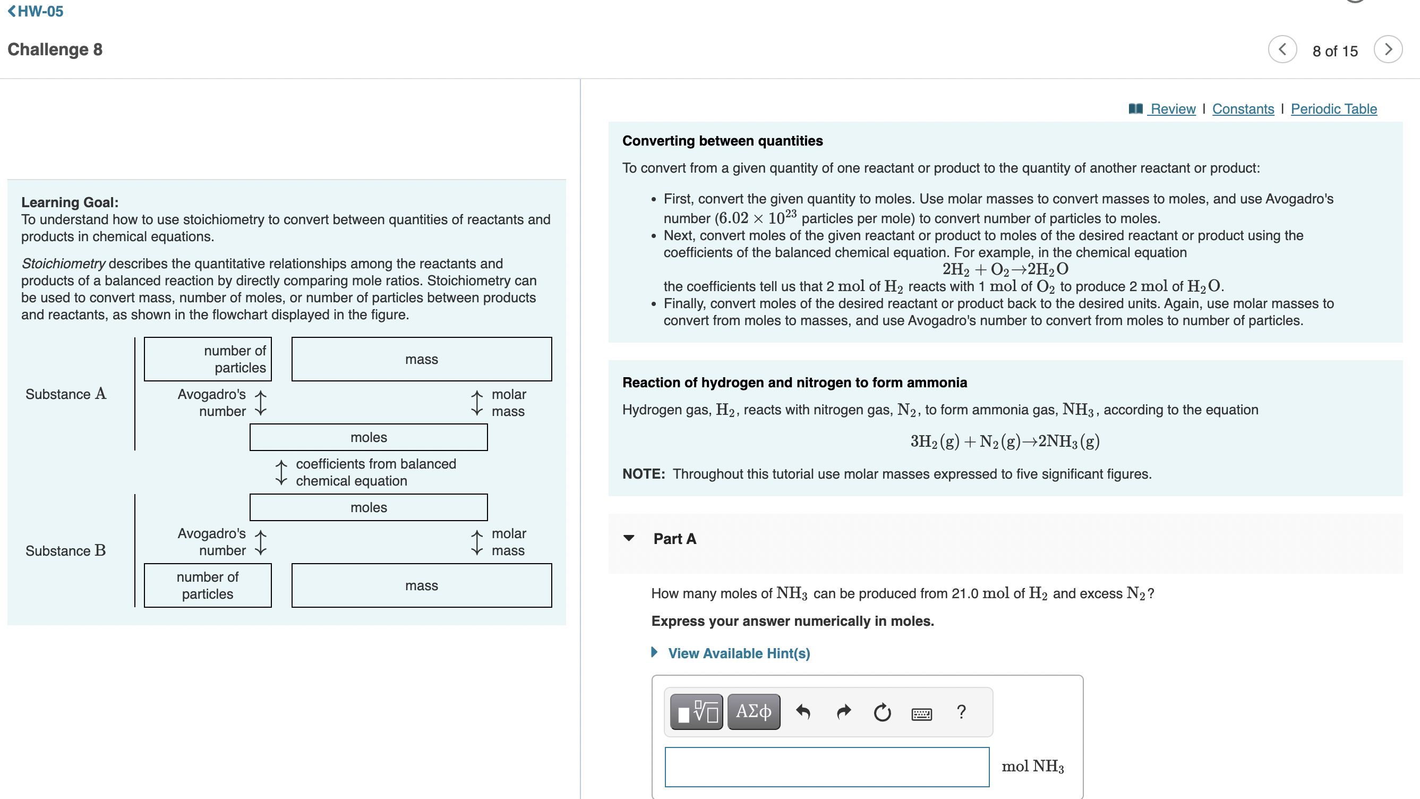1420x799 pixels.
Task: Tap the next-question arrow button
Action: [1388, 49]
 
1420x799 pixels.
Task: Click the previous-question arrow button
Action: [1282, 49]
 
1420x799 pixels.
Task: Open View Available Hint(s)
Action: [738, 653]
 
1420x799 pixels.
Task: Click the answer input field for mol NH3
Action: [826, 767]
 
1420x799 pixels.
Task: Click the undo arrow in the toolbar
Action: [803, 712]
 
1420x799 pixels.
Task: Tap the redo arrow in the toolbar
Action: [843, 712]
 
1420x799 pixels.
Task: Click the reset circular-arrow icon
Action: [882, 712]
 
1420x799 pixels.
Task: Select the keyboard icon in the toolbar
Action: [921, 714]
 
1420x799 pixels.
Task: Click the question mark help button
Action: [961, 712]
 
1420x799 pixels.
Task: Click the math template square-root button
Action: [697, 712]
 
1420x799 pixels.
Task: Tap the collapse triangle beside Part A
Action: [629, 538]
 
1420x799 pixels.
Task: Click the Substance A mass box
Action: [421, 359]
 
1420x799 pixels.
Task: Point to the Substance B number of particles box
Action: [207, 585]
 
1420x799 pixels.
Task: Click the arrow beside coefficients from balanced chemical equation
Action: [281, 473]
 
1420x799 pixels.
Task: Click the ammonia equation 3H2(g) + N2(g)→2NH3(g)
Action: [1004, 441]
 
